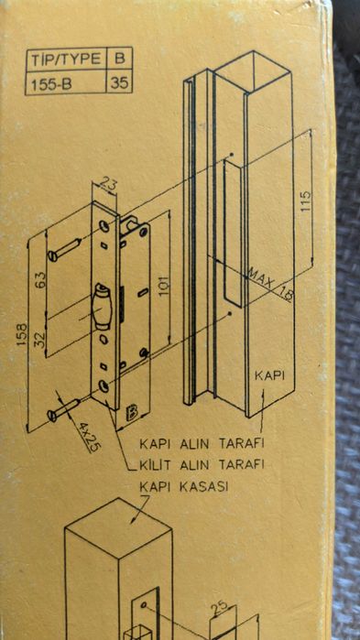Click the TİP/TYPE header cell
[x=66, y=60]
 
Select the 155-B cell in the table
[x=66, y=82]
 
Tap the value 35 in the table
[x=119, y=83]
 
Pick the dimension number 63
[x=41, y=281]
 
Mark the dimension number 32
[x=41, y=339]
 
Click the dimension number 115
[x=305, y=201]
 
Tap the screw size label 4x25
[x=89, y=438]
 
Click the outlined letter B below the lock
[x=132, y=413]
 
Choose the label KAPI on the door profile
[x=269, y=376]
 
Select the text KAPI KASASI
[x=184, y=486]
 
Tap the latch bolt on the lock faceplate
[x=102, y=306]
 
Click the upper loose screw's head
[x=52, y=256]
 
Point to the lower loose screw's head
[x=52, y=416]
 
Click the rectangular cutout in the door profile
[x=233, y=233]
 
